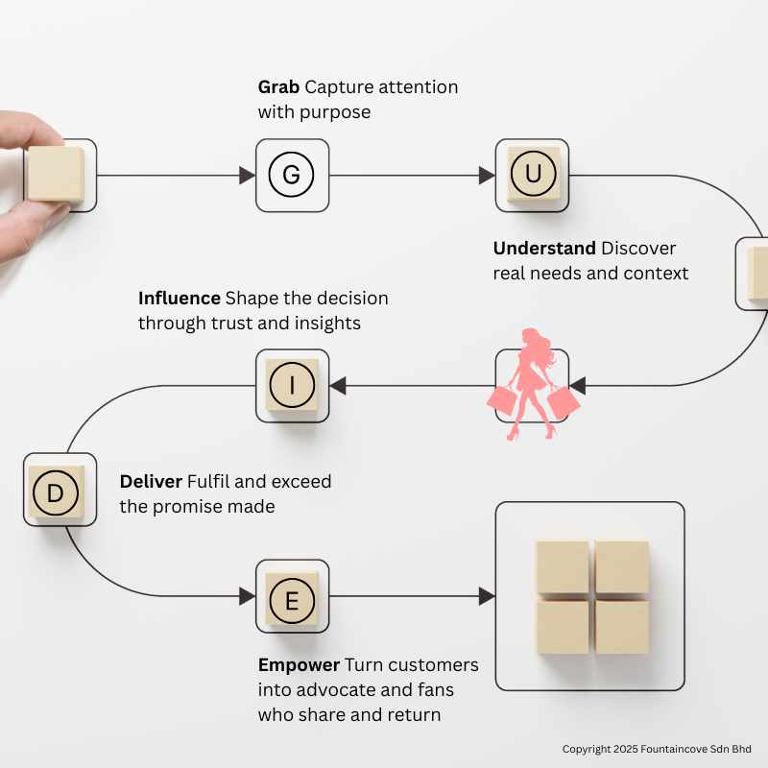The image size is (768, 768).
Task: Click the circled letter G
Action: pos(292,175)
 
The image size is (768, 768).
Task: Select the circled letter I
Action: pos(292,386)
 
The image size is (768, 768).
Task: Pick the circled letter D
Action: pos(55,493)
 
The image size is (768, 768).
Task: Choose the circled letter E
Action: pos(292,601)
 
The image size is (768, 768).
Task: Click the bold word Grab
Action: pos(278,87)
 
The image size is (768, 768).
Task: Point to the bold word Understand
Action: pos(544,249)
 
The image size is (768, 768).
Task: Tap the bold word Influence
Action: pos(180,299)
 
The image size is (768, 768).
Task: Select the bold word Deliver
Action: pos(150,481)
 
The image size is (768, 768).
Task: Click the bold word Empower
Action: pos(299,665)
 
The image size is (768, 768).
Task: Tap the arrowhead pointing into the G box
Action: pos(247,176)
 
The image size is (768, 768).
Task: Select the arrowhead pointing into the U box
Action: pos(487,176)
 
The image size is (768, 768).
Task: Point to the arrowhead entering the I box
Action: pos(338,386)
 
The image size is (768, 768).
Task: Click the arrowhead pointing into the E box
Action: pos(247,596)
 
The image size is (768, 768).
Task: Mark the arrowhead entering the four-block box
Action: pos(487,596)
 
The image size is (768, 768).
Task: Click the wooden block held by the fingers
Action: pos(56,173)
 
